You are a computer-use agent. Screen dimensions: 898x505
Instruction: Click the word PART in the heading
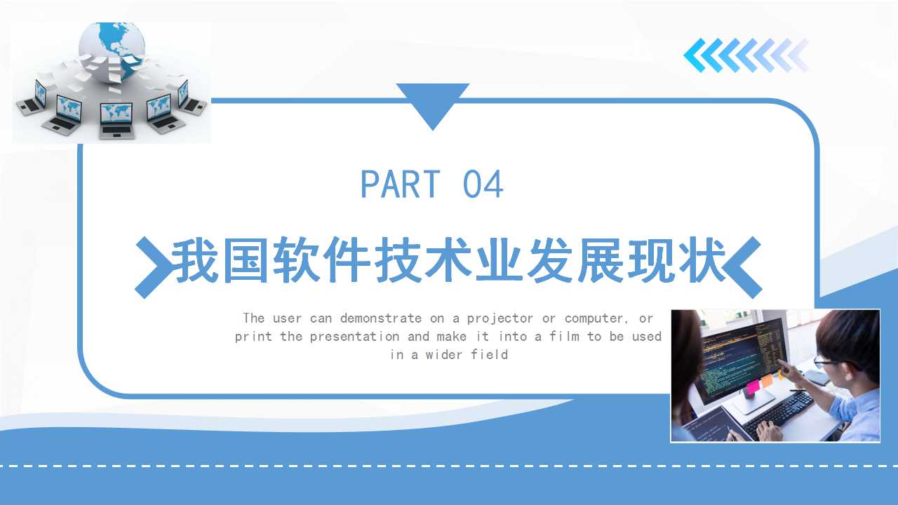[401, 184]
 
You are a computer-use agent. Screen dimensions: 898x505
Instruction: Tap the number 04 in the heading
[483, 184]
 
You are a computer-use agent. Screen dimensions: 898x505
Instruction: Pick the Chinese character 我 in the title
[195, 260]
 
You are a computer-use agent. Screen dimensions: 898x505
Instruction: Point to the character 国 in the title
[246, 260]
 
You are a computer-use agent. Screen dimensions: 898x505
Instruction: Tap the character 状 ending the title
[703, 260]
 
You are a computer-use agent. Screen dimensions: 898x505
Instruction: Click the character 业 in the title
[499, 260]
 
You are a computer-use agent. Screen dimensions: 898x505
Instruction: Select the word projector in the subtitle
[500, 318]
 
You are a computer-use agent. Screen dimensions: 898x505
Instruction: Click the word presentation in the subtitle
[354, 336]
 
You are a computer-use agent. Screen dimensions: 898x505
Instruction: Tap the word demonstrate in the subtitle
[381, 318]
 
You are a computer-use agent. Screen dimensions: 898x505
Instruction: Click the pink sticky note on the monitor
[753, 386]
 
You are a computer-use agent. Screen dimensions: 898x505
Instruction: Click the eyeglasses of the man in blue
[824, 363]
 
